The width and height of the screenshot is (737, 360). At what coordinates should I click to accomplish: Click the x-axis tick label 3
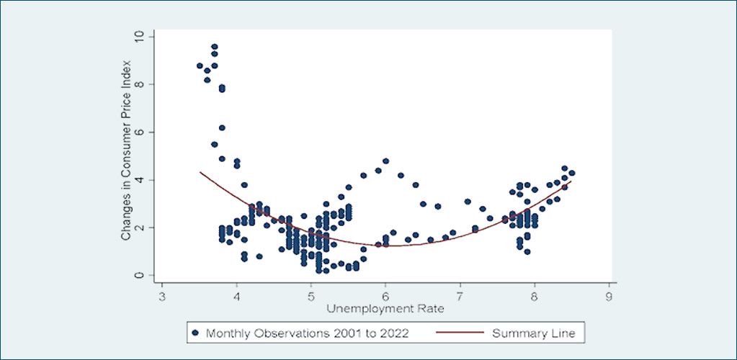click(162, 299)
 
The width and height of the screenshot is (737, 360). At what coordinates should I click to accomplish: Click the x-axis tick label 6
click(385, 299)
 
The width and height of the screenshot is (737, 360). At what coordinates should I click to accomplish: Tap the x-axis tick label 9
click(609, 299)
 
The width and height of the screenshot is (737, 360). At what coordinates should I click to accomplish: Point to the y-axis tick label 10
click(139, 37)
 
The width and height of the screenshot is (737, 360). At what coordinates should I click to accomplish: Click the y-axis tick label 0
click(139, 276)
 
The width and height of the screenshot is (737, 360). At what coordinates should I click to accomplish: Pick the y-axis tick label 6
click(139, 132)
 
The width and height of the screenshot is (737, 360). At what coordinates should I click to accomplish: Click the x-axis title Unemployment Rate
click(385, 310)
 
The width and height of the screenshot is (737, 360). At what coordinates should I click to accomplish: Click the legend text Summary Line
click(534, 333)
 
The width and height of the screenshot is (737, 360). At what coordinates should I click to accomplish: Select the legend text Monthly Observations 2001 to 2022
click(308, 333)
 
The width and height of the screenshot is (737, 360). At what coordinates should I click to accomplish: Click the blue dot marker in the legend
click(196, 333)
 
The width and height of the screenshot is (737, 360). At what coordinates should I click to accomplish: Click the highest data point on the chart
click(215, 47)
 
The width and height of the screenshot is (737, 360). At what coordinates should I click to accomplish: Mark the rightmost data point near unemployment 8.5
click(571, 173)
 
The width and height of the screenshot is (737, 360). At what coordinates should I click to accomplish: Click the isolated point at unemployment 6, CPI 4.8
click(386, 161)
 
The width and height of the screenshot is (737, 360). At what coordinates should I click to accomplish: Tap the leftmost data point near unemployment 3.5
click(200, 66)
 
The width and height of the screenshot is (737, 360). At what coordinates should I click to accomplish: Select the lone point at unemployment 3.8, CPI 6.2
click(222, 128)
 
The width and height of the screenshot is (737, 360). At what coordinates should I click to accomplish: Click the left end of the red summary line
click(200, 172)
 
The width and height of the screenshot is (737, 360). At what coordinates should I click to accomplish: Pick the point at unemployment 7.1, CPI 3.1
click(468, 202)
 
